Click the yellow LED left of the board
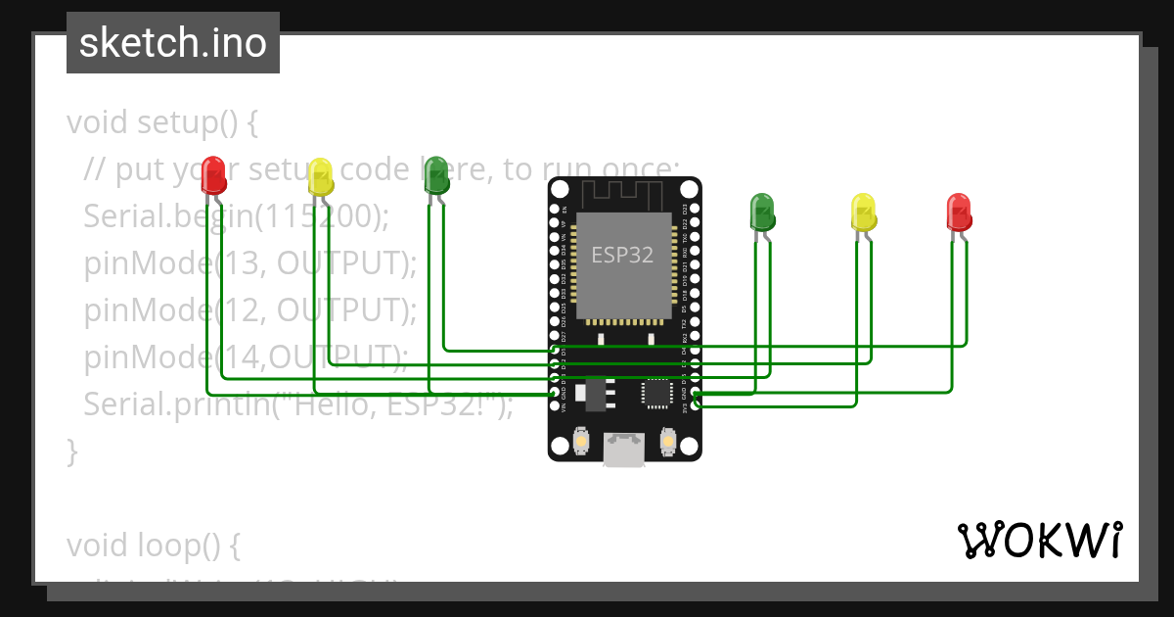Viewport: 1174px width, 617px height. [320, 176]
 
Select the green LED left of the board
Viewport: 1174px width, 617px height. [435, 175]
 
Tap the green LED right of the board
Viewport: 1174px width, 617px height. [762, 212]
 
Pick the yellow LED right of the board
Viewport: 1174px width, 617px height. [863, 212]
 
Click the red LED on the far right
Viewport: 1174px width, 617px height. [959, 212]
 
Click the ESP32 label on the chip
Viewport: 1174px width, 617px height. [623, 255]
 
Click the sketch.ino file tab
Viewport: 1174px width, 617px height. [173, 43]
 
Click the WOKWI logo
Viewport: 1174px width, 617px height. [1039, 540]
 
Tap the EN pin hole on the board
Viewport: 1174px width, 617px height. [555, 209]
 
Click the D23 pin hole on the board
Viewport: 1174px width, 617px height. [695, 209]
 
